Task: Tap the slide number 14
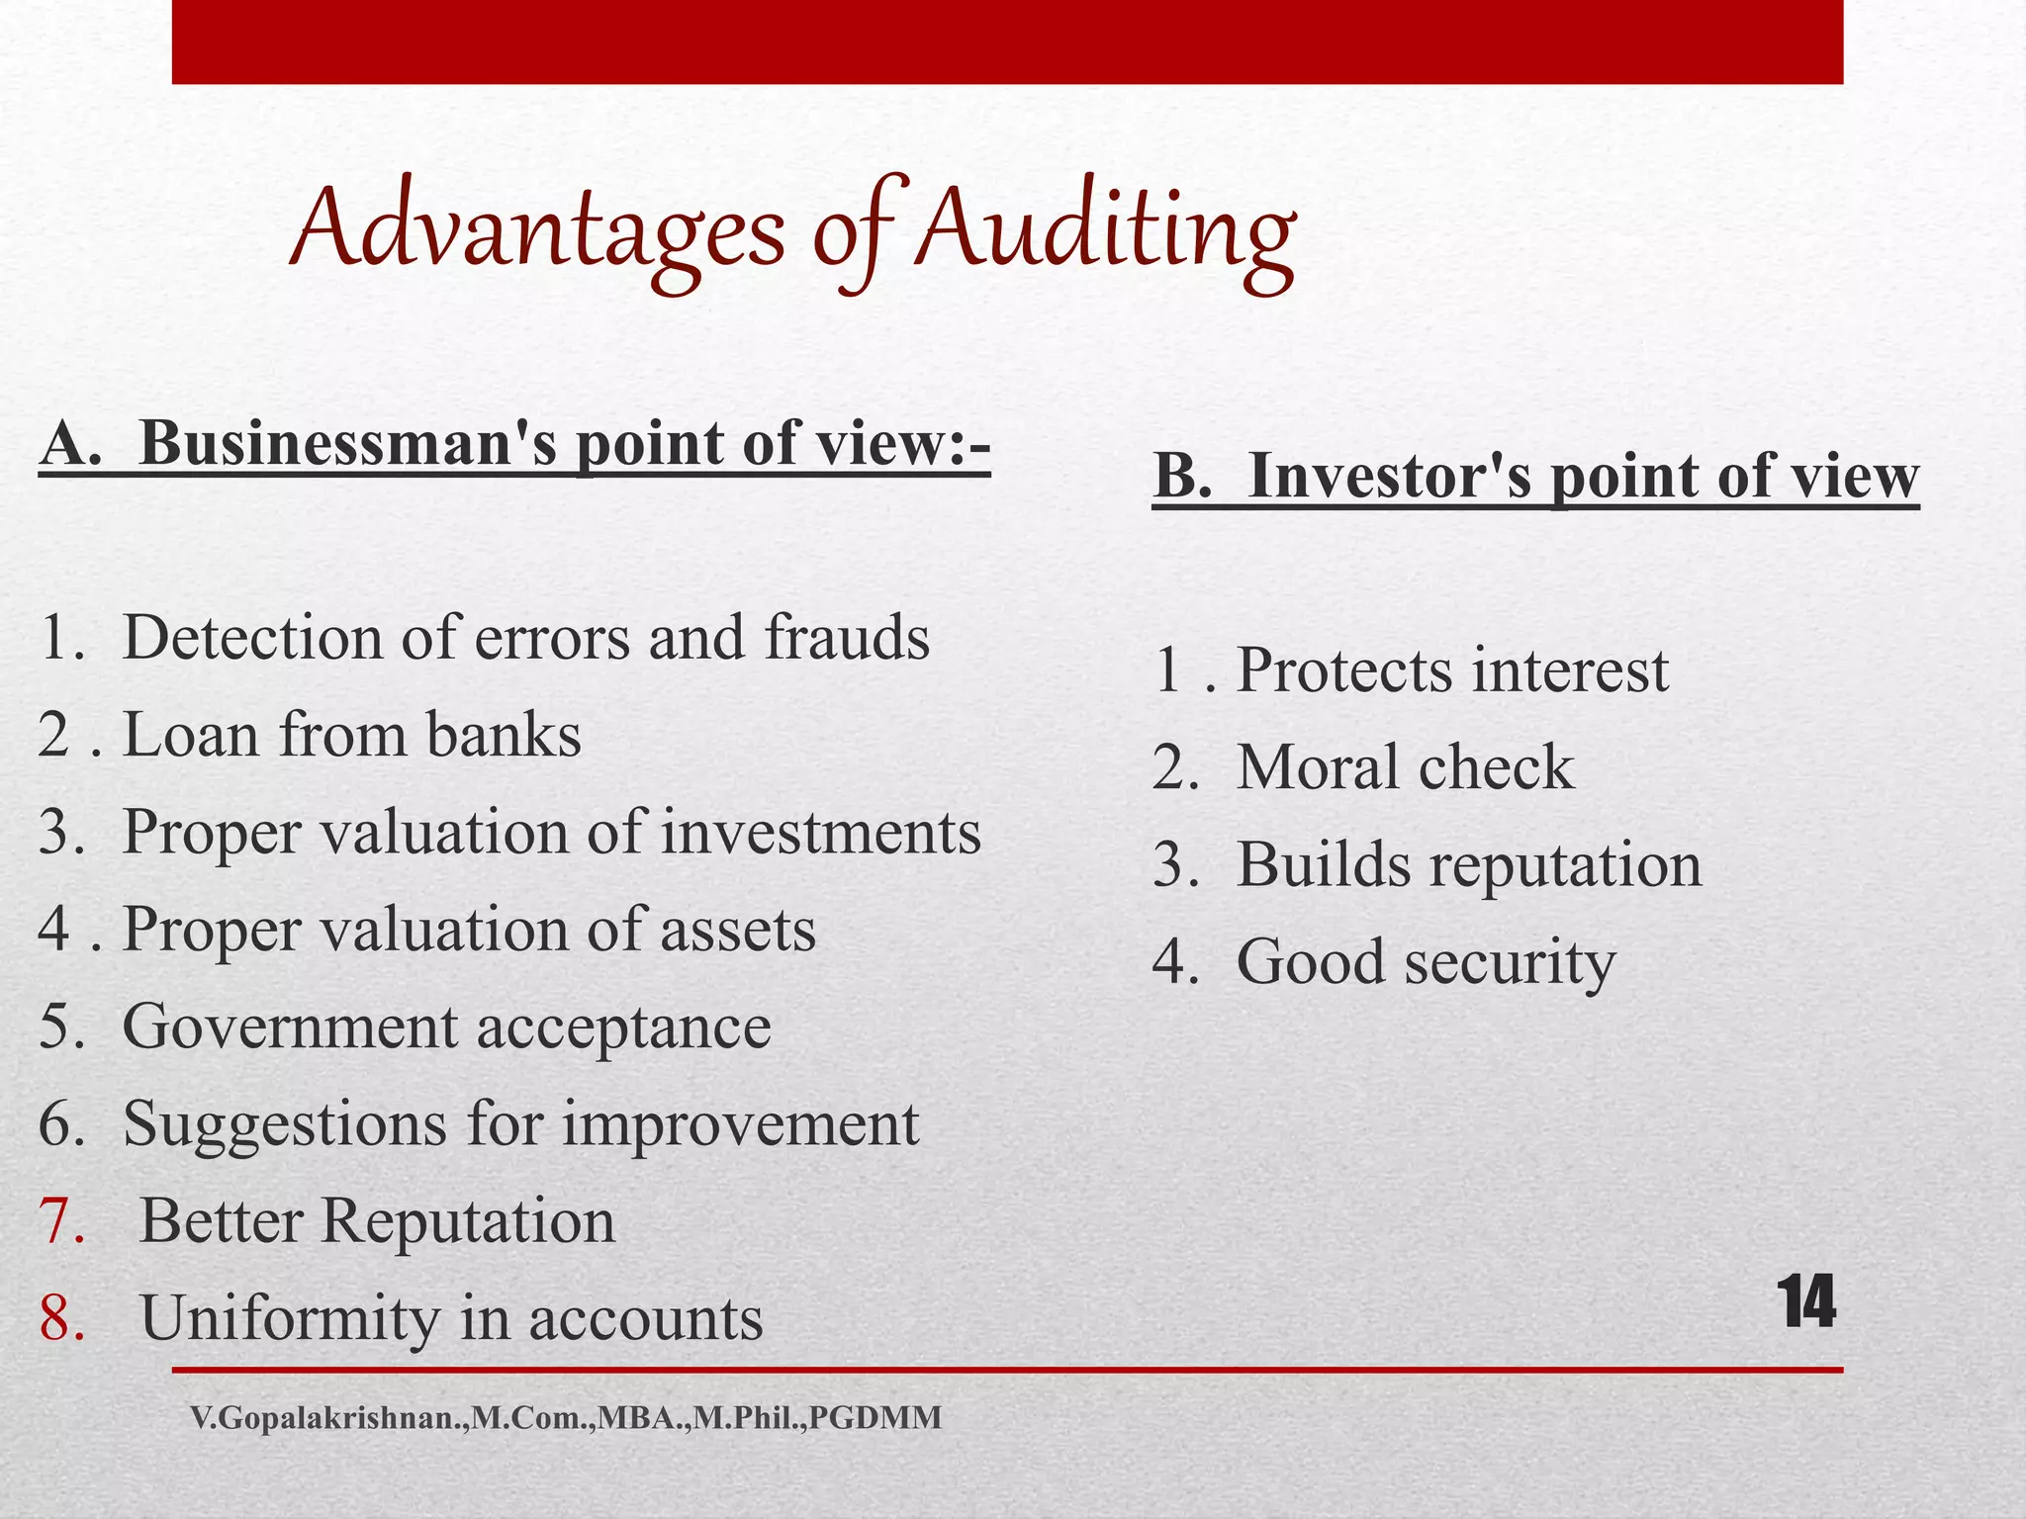tap(1806, 1302)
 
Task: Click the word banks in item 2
tap(504, 736)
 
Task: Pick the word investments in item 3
tap(820, 833)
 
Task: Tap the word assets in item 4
tap(738, 931)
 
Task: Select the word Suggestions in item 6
tap(285, 1125)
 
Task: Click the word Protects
tap(1346, 671)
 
